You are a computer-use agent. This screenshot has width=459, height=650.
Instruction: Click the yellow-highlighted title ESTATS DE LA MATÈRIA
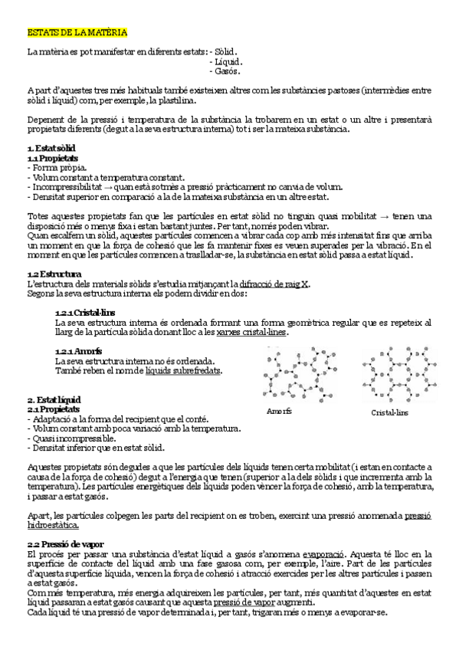77,34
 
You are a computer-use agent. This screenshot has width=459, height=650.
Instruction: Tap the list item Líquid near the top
229,62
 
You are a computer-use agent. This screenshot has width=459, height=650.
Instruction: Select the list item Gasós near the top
228,72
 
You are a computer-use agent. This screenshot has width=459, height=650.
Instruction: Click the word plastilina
175,100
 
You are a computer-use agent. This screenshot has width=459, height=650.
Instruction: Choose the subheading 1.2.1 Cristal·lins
84,313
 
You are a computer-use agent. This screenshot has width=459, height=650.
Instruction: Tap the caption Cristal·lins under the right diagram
389,412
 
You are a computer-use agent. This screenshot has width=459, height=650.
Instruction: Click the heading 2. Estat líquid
54,400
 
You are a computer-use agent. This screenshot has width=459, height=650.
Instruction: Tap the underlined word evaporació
323,553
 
